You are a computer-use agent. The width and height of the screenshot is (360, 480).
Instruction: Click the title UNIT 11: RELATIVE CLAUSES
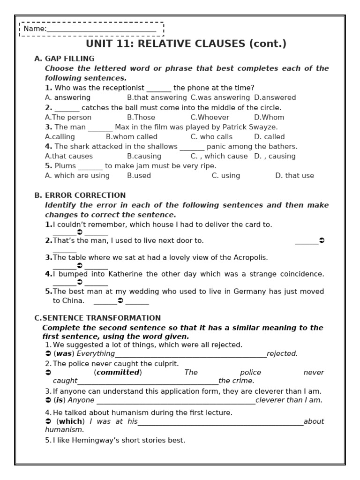tap(186, 44)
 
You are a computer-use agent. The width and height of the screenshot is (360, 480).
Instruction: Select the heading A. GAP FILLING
tap(64, 59)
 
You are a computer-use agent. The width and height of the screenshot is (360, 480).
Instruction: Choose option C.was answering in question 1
tap(220, 97)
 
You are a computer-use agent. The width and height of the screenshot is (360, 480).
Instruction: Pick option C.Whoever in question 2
tap(210, 117)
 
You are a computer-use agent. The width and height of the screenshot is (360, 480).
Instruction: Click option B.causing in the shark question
tap(144, 156)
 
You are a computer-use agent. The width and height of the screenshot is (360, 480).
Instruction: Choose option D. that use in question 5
tap(294, 176)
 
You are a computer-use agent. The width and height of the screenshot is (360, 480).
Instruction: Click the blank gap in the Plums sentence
tap(90, 167)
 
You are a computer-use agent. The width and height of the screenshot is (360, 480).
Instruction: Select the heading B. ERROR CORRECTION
tap(80, 195)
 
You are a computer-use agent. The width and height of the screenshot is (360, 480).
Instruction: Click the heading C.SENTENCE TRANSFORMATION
tap(97, 318)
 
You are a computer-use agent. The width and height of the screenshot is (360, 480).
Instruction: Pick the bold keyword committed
tap(118, 373)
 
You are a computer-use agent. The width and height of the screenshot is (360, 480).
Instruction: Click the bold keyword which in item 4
tap(70, 421)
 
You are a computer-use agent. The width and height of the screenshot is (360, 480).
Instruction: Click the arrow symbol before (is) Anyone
tap(48, 400)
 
